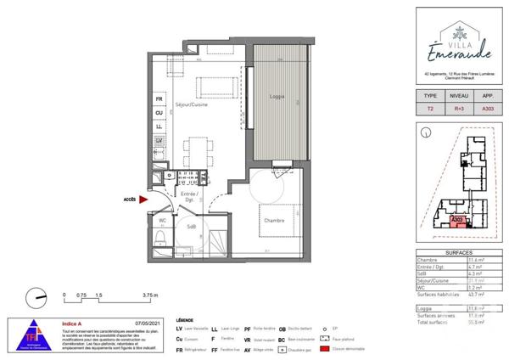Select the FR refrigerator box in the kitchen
tap(158, 98)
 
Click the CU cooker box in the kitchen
tap(158, 112)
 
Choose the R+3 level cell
tap(458, 110)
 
